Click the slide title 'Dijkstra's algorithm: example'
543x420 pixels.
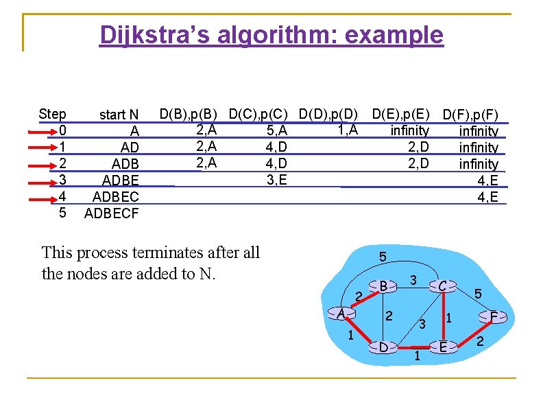tap(271, 34)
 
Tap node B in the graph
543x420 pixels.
tap(384, 285)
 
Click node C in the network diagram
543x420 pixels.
tap(443, 285)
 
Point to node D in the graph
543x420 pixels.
tap(384, 347)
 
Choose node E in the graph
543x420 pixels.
tap(443, 347)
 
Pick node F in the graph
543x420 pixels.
tap(494, 316)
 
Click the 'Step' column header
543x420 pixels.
tap(53, 114)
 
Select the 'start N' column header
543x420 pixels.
tap(119, 115)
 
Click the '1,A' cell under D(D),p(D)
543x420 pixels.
tap(347, 129)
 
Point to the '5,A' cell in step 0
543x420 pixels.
tap(276, 130)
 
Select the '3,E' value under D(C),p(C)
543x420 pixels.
tap(276, 180)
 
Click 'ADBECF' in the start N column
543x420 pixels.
tap(111, 213)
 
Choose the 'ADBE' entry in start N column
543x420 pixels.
tap(120, 180)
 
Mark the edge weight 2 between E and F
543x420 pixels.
tap(479, 341)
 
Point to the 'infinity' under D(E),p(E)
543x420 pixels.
tap(409, 130)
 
